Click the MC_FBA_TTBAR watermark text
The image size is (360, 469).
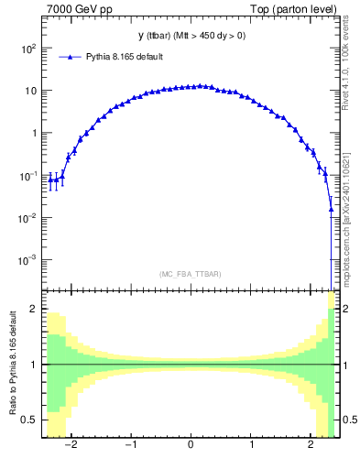click(x=191, y=274)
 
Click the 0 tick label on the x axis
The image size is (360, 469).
click(x=191, y=446)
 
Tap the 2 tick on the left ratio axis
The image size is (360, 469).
click(x=35, y=310)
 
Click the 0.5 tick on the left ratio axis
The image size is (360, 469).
click(x=32, y=420)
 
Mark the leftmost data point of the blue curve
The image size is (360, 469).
click(x=50, y=180)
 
